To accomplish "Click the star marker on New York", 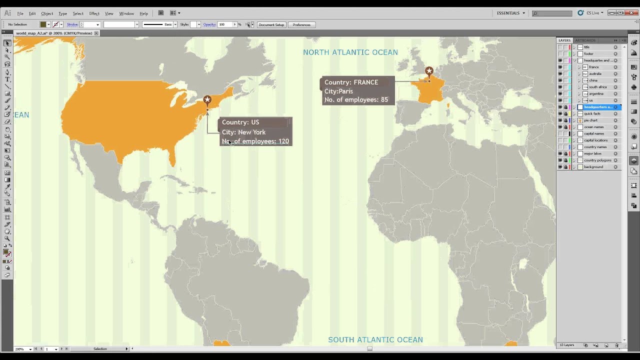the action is point(207,100).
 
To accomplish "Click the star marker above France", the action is point(429,71).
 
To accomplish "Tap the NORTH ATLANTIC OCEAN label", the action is point(350,52).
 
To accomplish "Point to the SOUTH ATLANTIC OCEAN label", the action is point(375,340).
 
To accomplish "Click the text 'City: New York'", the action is point(243,132).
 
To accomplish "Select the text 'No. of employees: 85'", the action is point(356,99).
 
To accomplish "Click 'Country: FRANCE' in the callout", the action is point(351,82).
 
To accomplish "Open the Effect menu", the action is point(94,13).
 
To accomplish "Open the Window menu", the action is point(126,13).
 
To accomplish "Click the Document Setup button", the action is point(271,24).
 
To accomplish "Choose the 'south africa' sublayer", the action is point(597,87).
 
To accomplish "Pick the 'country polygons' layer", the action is point(597,160).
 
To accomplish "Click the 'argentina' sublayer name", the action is point(596,93).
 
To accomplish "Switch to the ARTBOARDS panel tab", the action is point(585,40).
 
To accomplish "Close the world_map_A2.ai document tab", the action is point(96,33).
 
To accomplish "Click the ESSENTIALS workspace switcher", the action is point(510,13).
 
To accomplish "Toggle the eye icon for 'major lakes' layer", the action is point(560,153).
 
